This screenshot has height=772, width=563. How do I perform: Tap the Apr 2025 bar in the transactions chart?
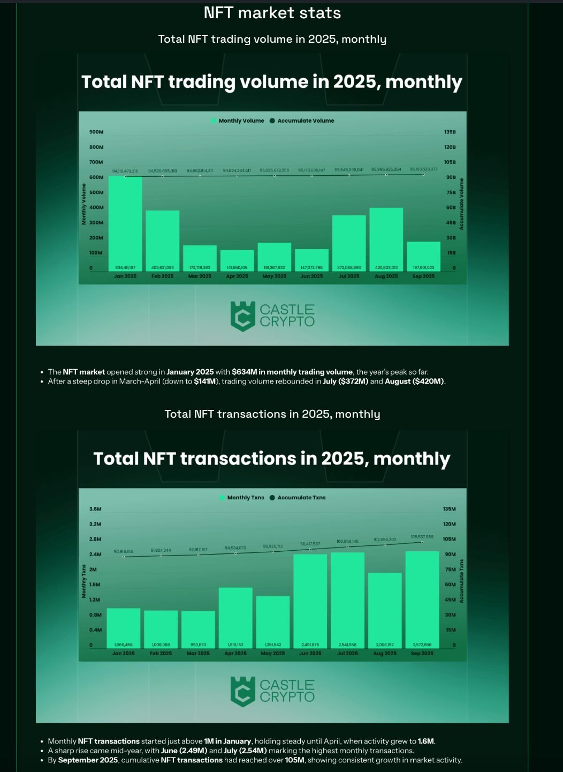click(235, 616)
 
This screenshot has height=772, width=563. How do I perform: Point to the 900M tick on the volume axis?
click(96, 132)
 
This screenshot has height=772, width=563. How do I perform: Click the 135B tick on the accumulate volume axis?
click(450, 132)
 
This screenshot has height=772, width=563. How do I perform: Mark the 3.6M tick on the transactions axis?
click(95, 509)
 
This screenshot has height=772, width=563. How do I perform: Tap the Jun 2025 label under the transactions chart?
click(310, 654)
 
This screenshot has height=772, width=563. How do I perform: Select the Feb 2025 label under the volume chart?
click(162, 276)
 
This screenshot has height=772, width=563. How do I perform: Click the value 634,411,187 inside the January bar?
click(125, 267)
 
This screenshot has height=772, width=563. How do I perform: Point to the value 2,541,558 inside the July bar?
click(348, 644)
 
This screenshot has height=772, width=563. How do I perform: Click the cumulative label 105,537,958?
click(422, 537)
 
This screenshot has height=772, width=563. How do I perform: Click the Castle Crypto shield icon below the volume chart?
click(242, 316)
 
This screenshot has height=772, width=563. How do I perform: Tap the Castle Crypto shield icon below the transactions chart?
click(242, 691)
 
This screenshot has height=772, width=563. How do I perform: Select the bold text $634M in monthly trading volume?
click(292, 372)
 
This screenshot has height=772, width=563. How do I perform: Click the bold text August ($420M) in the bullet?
click(414, 381)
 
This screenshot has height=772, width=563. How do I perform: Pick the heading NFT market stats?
click(272, 13)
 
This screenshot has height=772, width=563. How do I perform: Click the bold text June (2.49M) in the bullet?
click(184, 751)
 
